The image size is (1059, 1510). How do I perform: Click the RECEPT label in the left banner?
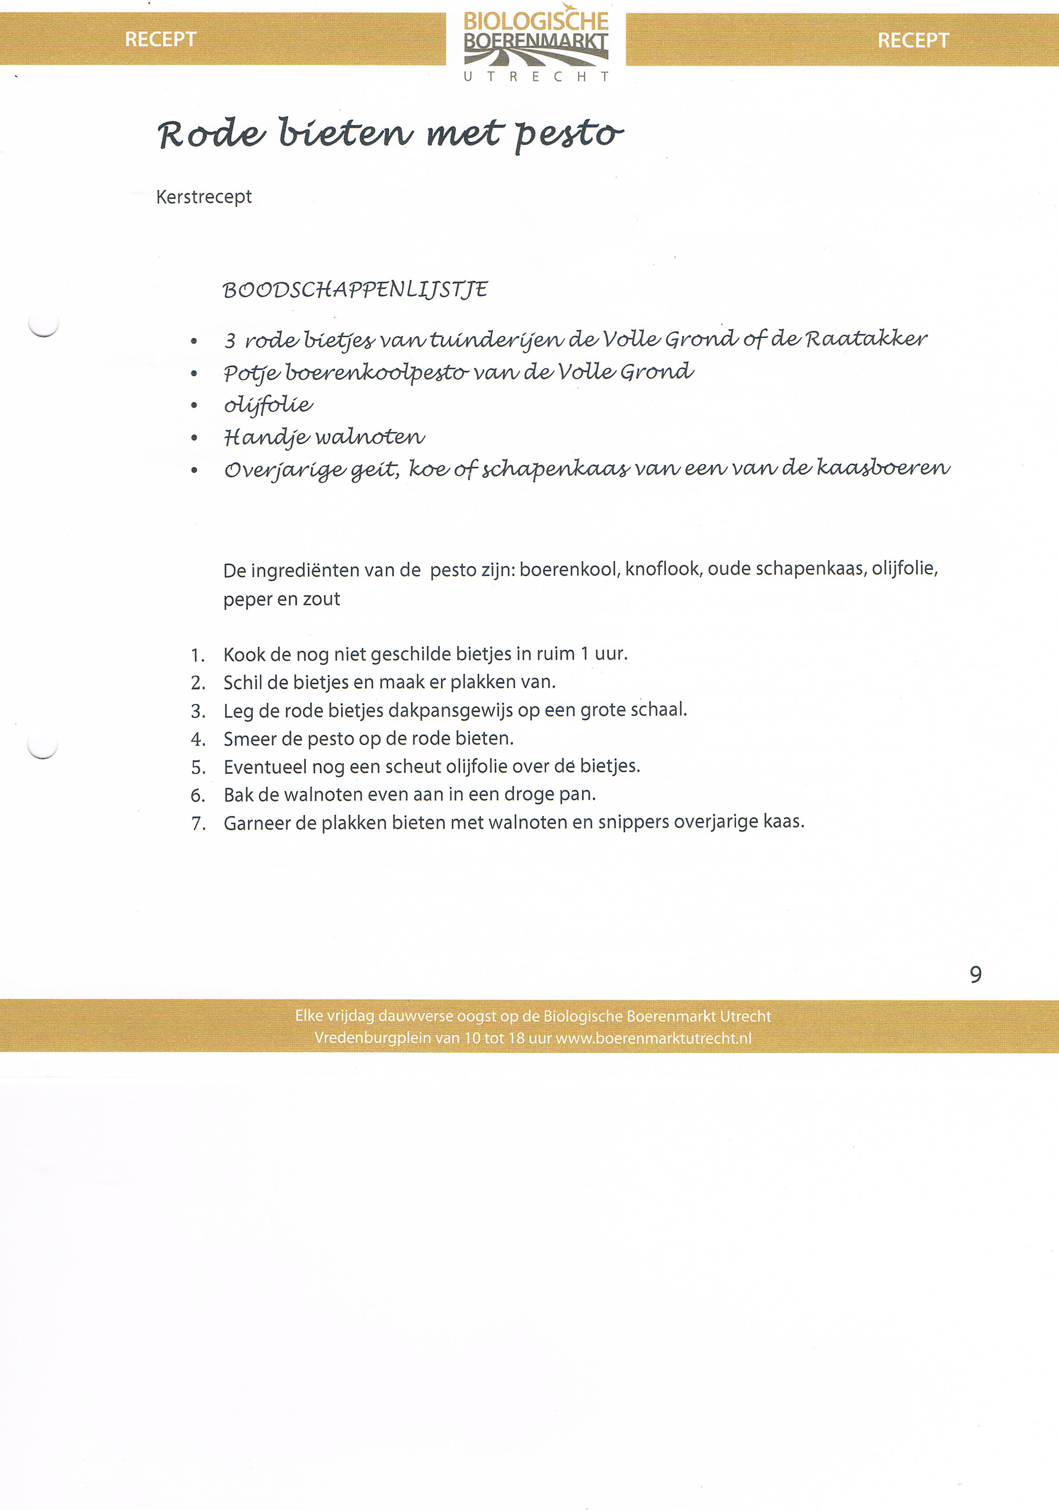click(x=160, y=40)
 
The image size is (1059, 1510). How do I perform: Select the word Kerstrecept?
click(x=204, y=196)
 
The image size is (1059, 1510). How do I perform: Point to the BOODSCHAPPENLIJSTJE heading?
click(x=355, y=290)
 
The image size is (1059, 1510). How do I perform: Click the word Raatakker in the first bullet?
click(x=866, y=339)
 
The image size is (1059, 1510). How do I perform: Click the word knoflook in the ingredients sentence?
click(x=662, y=569)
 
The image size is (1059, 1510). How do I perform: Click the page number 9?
click(x=975, y=974)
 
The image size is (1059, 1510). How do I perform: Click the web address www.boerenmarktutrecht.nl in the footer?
click(x=653, y=1038)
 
